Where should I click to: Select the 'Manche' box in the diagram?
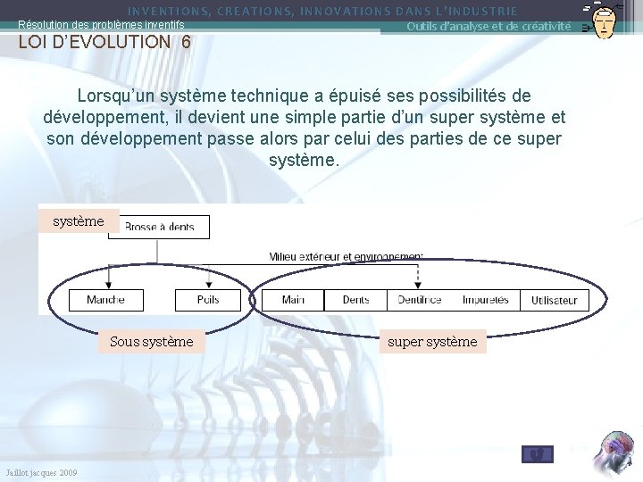click(105, 300)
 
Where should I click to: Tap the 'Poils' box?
click(208, 300)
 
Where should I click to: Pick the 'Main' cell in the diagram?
click(293, 300)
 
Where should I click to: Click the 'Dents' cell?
click(355, 300)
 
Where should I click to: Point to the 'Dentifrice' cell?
click(420, 300)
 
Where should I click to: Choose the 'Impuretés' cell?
click(486, 300)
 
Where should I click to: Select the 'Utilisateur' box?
click(555, 301)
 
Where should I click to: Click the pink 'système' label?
click(79, 220)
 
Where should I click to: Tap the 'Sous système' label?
click(151, 341)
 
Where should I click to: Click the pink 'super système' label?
click(432, 341)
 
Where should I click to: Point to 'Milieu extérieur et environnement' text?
click(346, 256)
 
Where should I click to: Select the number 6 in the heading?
click(186, 41)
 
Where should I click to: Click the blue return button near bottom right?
click(537, 454)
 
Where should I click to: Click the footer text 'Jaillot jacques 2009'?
click(41, 472)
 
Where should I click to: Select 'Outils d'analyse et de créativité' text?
click(489, 26)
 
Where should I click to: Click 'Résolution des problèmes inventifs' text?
click(101, 26)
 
